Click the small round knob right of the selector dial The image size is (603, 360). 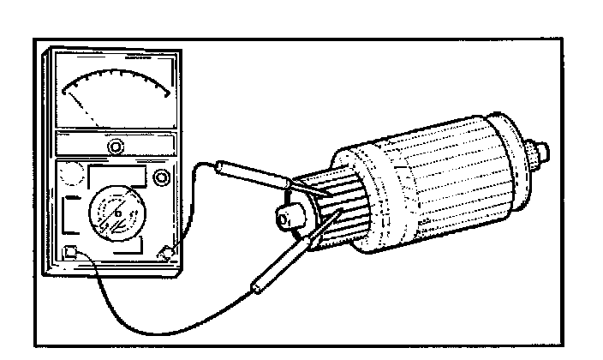pyautogui.click(x=161, y=178)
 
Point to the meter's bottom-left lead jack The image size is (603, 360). pyautogui.click(x=71, y=253)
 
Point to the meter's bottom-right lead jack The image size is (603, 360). pyautogui.click(x=166, y=252)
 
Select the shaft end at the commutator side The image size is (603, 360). pyautogui.click(x=287, y=220)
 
